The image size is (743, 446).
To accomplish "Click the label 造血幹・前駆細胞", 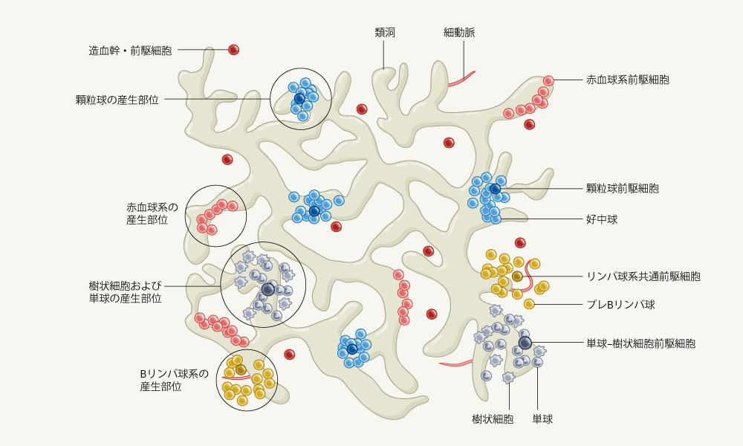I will tap(130, 51).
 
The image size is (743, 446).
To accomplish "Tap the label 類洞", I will tap(384, 33).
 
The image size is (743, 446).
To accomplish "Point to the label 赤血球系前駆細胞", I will tap(628, 80).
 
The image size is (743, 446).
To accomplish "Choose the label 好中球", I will tap(602, 220).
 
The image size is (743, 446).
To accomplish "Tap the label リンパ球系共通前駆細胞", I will tap(643, 276).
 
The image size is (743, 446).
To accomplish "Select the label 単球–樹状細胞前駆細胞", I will tap(641, 343).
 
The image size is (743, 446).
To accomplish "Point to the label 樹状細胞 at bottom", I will tap(493, 420).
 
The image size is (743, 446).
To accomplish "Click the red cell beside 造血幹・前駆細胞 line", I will tap(233, 50).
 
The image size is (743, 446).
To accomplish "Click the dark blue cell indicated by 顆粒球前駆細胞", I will tap(495, 189).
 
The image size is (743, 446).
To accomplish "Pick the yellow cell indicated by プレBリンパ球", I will tap(529, 304).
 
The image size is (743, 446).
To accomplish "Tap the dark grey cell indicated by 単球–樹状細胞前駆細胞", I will tap(525, 343).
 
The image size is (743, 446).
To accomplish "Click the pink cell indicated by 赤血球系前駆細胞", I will tap(548, 80).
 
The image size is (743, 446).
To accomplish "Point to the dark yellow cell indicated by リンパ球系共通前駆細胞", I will tap(517, 277).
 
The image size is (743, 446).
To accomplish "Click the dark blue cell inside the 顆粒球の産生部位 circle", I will tap(299, 98).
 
